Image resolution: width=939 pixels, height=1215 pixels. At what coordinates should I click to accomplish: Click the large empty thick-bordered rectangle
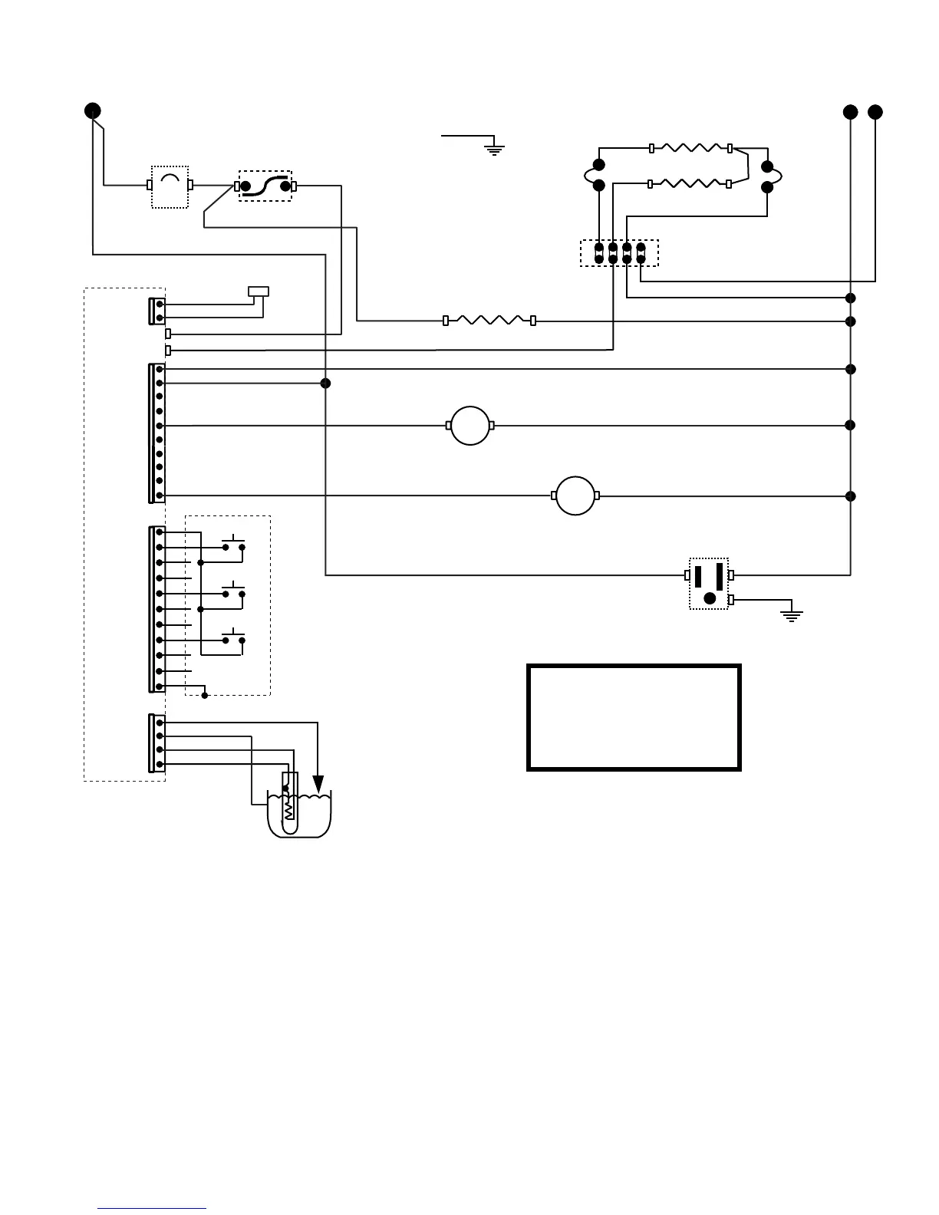coord(634,717)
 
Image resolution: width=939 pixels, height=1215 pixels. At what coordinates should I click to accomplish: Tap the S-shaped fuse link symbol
coord(265,186)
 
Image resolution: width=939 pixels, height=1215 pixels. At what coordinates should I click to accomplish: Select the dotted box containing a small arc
coord(170,186)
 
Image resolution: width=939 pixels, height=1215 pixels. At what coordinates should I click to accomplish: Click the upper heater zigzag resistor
coord(690,147)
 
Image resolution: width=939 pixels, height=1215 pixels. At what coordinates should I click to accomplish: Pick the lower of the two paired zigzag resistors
coord(689,184)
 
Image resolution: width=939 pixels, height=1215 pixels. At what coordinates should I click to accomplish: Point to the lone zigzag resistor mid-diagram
coord(489,320)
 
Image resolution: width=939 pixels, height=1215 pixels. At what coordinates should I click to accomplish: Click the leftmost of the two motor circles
coord(470,425)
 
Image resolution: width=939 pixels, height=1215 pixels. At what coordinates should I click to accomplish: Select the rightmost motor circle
coord(575,496)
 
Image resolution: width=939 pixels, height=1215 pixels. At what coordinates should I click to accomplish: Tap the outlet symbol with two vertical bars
coord(709,584)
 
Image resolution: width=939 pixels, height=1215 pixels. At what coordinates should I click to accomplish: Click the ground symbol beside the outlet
coord(791,613)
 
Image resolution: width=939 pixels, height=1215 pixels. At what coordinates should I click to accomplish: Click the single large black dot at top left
coord(92,110)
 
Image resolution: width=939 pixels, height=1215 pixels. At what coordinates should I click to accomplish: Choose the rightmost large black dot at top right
coord(875,112)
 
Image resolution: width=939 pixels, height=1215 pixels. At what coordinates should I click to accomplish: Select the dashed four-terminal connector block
coord(619,253)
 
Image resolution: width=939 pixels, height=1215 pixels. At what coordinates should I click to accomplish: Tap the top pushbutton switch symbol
coord(233,545)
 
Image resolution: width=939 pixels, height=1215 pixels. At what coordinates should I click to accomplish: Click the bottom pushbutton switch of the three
coord(233,637)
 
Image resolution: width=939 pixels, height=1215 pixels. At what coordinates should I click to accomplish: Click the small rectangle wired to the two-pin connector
coord(259,291)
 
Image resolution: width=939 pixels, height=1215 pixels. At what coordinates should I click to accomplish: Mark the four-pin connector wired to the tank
coord(156,742)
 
